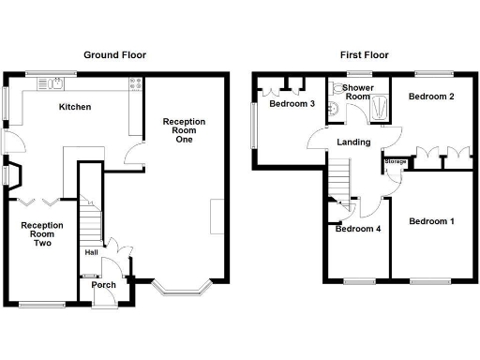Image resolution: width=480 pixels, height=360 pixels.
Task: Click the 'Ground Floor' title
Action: (115, 55)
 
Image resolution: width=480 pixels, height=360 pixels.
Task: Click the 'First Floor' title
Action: (365, 55)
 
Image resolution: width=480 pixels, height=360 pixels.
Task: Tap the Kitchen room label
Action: (75, 107)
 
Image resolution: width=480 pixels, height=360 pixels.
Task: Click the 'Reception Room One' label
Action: (182, 133)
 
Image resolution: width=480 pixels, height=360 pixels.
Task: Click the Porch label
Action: (103, 285)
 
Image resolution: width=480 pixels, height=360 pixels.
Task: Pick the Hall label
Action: (91, 251)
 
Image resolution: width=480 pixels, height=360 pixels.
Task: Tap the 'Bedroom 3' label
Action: (292, 103)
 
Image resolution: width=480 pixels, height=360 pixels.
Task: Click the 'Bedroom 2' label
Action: (431, 97)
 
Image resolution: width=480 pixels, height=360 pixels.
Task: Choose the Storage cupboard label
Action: (395, 162)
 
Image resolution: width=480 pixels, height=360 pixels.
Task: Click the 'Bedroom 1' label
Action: (431, 221)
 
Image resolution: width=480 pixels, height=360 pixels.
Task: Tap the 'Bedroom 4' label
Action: (357, 229)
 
